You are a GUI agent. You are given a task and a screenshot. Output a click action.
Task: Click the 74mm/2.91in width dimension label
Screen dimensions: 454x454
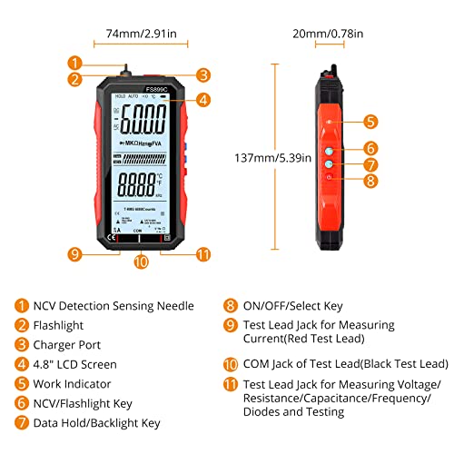[x=140, y=34]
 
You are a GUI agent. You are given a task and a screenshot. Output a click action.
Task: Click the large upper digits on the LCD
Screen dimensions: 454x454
[x=143, y=117]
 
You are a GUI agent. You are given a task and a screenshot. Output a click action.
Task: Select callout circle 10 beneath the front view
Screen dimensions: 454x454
[x=140, y=262]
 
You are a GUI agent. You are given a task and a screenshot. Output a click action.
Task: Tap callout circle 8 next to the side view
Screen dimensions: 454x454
[x=370, y=181]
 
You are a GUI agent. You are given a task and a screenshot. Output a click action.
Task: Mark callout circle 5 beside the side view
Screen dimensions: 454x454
[x=370, y=121]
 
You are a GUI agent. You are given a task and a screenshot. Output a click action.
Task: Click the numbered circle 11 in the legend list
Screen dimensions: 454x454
[x=232, y=384]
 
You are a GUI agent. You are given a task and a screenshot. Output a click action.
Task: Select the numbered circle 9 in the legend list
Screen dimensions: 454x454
[x=232, y=325]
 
